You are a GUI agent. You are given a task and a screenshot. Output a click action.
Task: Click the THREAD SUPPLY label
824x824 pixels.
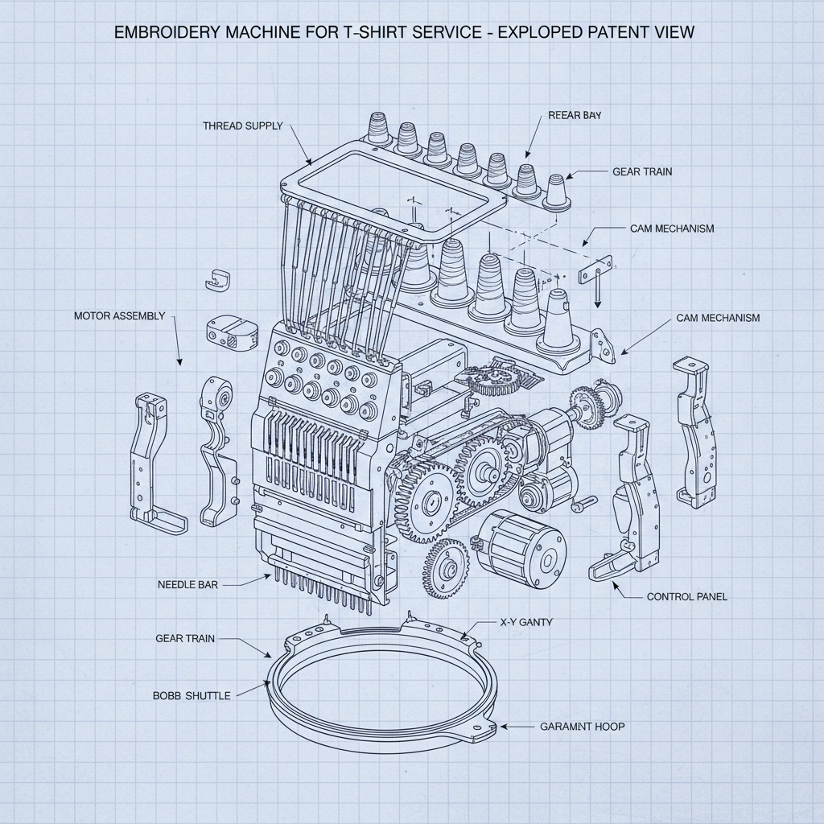(242, 126)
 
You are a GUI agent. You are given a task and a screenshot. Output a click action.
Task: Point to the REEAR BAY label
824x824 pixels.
(575, 115)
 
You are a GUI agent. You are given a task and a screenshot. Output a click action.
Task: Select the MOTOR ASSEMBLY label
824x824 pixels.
(119, 315)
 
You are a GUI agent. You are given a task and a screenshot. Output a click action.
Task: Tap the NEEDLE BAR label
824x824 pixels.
(187, 585)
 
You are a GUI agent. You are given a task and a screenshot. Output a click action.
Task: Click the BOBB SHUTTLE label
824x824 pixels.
(192, 695)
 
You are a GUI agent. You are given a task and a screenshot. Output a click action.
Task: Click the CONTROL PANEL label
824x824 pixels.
(686, 597)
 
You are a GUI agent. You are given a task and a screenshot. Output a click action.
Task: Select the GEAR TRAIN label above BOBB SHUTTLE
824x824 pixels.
(185, 638)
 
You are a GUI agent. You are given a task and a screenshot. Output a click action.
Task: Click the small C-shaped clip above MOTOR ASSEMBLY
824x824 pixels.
(218, 278)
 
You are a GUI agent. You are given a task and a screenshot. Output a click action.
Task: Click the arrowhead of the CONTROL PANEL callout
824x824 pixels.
(616, 585)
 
